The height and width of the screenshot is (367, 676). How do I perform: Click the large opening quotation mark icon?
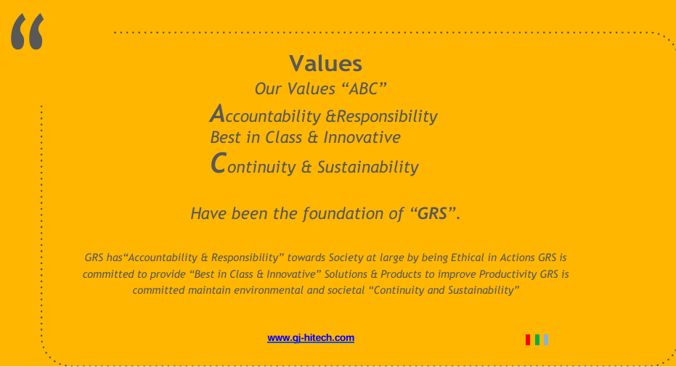(27, 31)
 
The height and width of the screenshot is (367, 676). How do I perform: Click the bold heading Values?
(325, 64)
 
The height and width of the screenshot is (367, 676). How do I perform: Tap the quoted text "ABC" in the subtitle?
(364, 88)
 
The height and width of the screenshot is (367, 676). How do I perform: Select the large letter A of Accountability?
(218, 114)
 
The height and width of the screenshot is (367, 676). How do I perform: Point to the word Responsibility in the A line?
(387, 117)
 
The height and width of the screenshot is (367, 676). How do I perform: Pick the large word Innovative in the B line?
(362, 137)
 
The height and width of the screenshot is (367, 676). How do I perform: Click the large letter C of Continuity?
(218, 163)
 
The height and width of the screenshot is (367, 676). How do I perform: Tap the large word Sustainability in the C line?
(367, 167)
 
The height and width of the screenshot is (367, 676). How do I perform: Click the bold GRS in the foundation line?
(433, 214)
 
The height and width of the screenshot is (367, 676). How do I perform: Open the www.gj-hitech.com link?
(311, 338)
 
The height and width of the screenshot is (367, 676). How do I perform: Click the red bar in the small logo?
(528, 340)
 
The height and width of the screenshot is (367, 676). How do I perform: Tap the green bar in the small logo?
(537, 340)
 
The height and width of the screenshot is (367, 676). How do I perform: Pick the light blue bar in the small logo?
(546, 340)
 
